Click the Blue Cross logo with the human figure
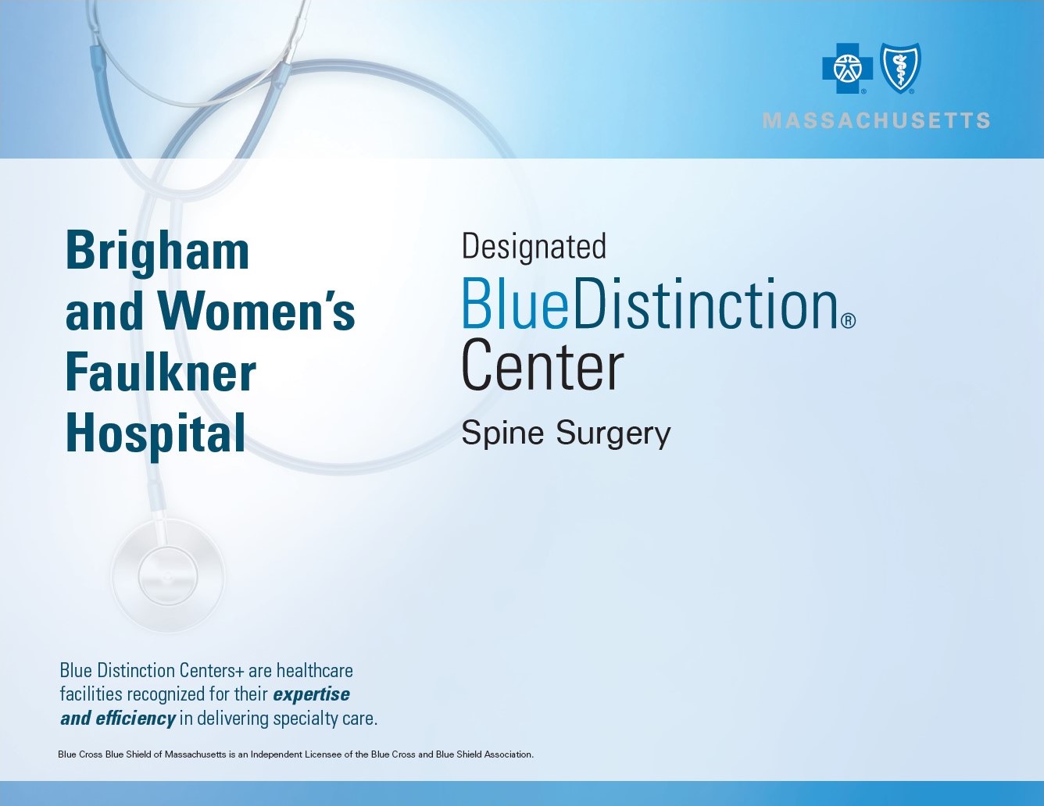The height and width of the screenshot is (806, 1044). (x=847, y=69)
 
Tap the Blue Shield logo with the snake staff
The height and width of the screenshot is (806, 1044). (x=900, y=68)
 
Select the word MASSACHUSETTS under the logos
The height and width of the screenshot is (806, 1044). (x=876, y=121)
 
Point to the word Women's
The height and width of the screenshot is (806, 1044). (x=256, y=312)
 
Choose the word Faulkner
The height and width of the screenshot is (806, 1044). (x=160, y=373)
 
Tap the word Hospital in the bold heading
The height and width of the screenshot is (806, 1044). (x=155, y=434)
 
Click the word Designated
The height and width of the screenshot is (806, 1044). (x=534, y=247)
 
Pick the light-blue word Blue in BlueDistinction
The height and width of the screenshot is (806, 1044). (x=515, y=304)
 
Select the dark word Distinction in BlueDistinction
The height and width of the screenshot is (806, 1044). (x=704, y=304)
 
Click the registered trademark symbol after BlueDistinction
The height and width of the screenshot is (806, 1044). (x=848, y=321)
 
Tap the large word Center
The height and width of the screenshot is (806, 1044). (x=542, y=366)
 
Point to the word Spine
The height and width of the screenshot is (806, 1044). (x=502, y=433)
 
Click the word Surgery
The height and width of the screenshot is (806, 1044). (x=613, y=434)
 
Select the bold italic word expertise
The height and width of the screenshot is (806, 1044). (x=311, y=694)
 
